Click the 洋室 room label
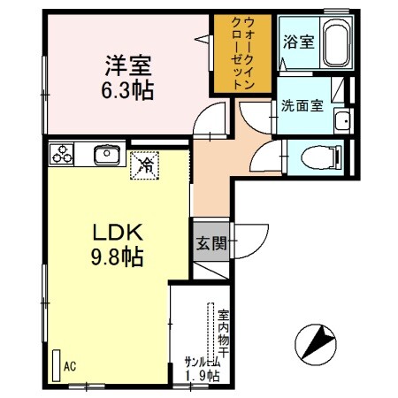(x=129, y=65)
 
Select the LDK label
(x=113, y=233)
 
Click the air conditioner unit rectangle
(x=55, y=364)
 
